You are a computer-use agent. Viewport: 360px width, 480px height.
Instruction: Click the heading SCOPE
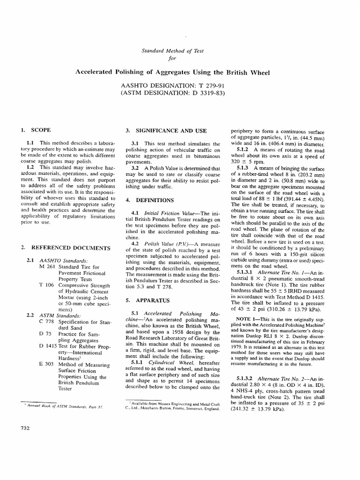pyautogui.click(x=41, y=130)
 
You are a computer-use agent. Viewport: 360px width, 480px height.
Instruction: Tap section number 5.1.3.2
pyautogui.click(x=247, y=377)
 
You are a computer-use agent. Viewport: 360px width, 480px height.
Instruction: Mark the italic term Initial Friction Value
pyautogui.click(x=171, y=214)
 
